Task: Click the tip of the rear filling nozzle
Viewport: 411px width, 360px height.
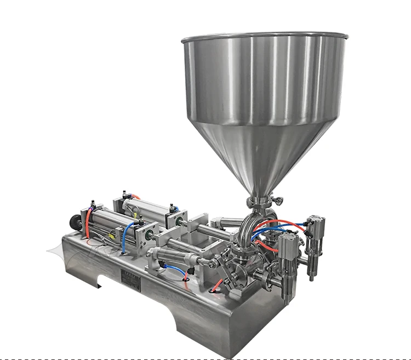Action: [x=312, y=277]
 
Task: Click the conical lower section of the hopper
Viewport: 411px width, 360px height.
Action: [x=263, y=153]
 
